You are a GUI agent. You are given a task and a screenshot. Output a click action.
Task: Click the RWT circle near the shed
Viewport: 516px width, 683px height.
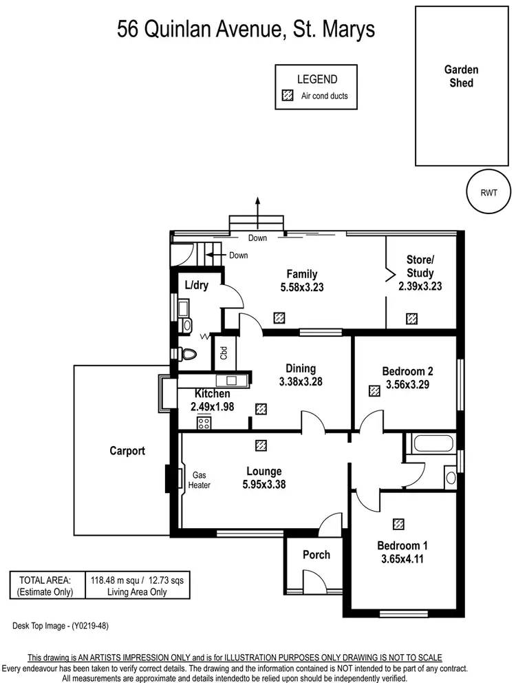coord(488,193)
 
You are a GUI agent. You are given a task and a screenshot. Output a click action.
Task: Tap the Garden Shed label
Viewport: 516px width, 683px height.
coord(460,76)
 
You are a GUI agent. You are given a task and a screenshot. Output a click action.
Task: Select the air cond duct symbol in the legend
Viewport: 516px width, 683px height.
coord(287,96)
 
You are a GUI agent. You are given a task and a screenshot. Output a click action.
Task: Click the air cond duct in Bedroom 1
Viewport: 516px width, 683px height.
coord(398,525)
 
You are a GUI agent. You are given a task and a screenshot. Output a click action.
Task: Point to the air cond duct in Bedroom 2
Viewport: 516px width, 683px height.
coord(374,390)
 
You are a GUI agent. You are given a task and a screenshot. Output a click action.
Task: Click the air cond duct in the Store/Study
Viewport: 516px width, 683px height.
coord(411,319)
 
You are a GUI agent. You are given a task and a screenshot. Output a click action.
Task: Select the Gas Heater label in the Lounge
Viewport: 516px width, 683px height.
coord(200,480)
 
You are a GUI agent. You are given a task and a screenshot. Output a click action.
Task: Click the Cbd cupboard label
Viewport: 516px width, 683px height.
coord(224,354)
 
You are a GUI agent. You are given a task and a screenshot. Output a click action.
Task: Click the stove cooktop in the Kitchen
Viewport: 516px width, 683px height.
coord(204,423)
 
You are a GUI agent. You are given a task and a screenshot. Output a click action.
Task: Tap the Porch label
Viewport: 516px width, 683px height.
coord(316,554)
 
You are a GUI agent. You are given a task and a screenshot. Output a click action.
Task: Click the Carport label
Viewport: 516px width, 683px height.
coord(127,451)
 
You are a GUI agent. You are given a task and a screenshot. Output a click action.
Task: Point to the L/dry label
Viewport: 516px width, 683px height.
coord(196,285)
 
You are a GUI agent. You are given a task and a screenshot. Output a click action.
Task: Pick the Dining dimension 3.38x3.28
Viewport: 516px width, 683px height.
coord(301,381)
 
